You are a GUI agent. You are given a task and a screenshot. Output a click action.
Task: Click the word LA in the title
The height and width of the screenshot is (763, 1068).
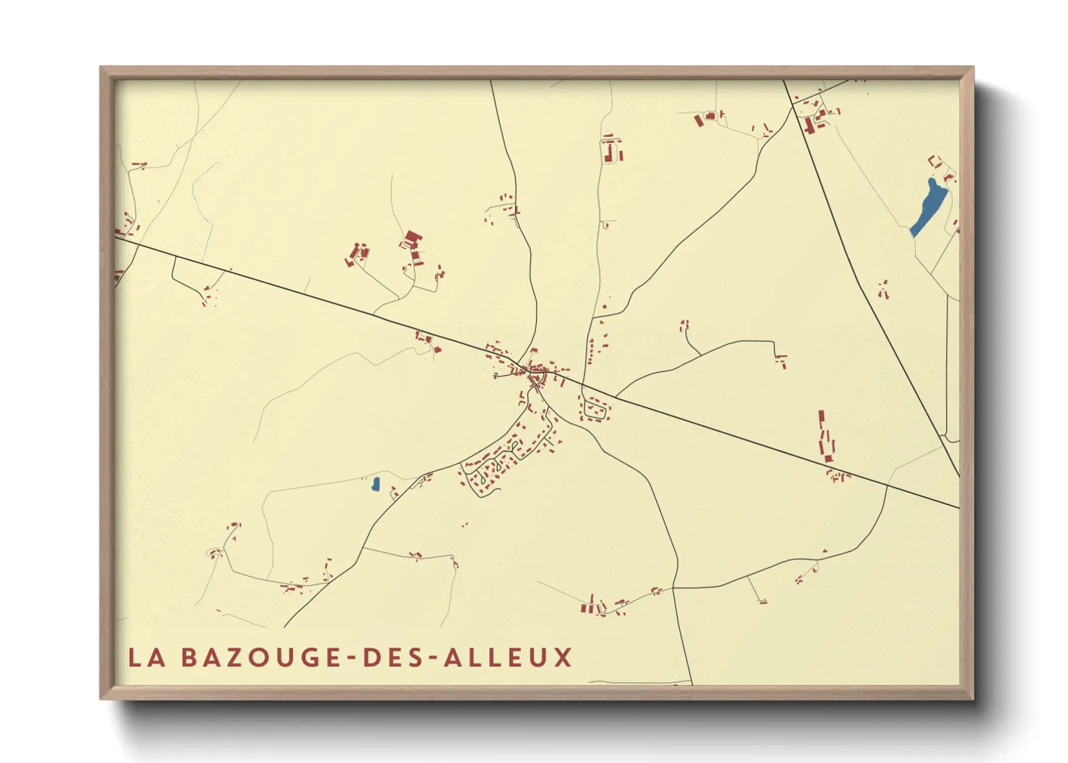click(144, 657)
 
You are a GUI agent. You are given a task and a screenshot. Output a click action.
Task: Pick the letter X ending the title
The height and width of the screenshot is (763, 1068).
click(563, 657)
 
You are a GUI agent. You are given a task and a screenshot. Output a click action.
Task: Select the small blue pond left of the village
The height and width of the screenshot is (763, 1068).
click(375, 484)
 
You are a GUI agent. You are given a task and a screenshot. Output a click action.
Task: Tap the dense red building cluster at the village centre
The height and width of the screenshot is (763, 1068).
click(536, 376)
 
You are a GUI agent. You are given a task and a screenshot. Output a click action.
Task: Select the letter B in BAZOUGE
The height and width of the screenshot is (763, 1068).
click(188, 657)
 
